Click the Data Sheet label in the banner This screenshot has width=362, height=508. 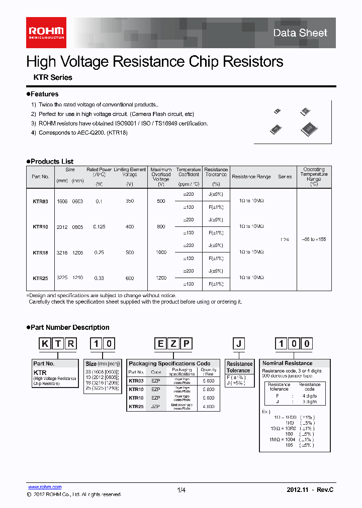[300, 33]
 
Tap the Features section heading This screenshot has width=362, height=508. [44, 94]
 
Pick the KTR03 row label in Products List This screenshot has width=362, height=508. [40, 201]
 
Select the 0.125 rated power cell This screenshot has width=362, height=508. [99, 226]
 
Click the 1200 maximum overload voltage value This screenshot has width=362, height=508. [161, 278]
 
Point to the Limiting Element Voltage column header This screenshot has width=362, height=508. [130, 172]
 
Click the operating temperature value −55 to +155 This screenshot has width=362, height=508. [314, 239]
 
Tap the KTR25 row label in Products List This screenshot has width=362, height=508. [40, 278]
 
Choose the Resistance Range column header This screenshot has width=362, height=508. [251, 177]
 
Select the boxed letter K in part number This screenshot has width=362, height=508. [45, 344]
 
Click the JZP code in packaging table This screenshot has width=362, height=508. [155, 407]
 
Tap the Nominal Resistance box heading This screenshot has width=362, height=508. [287, 363]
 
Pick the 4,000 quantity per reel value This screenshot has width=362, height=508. [208, 407]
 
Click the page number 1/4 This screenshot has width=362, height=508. [182, 490]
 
